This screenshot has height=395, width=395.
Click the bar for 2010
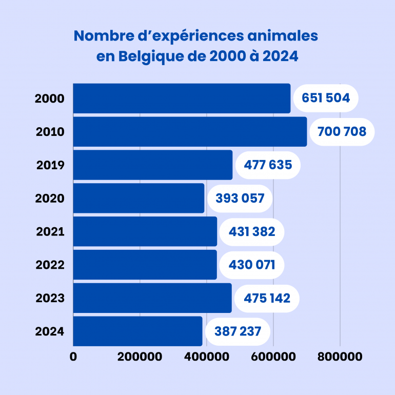190,132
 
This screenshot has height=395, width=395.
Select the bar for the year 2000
182,98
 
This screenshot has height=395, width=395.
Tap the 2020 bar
139,198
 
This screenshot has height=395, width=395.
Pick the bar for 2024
137,331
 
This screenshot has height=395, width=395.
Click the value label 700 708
342,132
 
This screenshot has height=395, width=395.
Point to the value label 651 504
326,98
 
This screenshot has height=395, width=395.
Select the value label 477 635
267,165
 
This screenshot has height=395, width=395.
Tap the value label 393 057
240,198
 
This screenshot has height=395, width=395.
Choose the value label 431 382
251,231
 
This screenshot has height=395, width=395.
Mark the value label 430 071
251,265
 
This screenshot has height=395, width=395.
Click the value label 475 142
266,298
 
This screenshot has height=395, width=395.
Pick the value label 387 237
238,331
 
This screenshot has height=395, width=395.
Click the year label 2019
50,165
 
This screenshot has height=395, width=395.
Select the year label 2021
50,231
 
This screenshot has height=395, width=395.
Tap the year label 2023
50,298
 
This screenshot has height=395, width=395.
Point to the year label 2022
50,265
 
